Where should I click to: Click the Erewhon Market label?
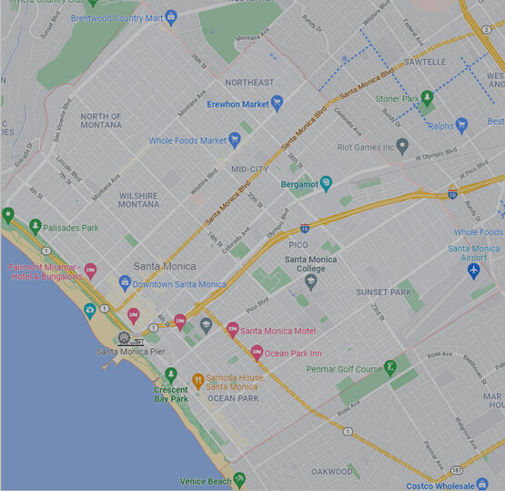coord(237,104)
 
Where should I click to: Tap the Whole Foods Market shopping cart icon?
coord(235,139)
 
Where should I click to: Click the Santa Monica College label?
coord(310,264)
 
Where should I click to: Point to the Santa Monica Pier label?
coord(131,351)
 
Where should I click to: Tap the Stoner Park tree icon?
coord(427,97)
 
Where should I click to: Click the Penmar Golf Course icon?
coord(390,368)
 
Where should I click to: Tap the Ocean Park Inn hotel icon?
coord(257,353)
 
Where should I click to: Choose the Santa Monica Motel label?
coord(278,331)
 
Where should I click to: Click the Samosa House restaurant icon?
coord(197,380)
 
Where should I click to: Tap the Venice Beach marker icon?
coord(239,479)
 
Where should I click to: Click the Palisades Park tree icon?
coord(35,226)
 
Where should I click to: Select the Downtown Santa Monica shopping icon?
coord(125,283)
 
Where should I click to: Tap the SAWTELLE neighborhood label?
coord(424,62)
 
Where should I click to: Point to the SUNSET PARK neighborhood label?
coord(384,292)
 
